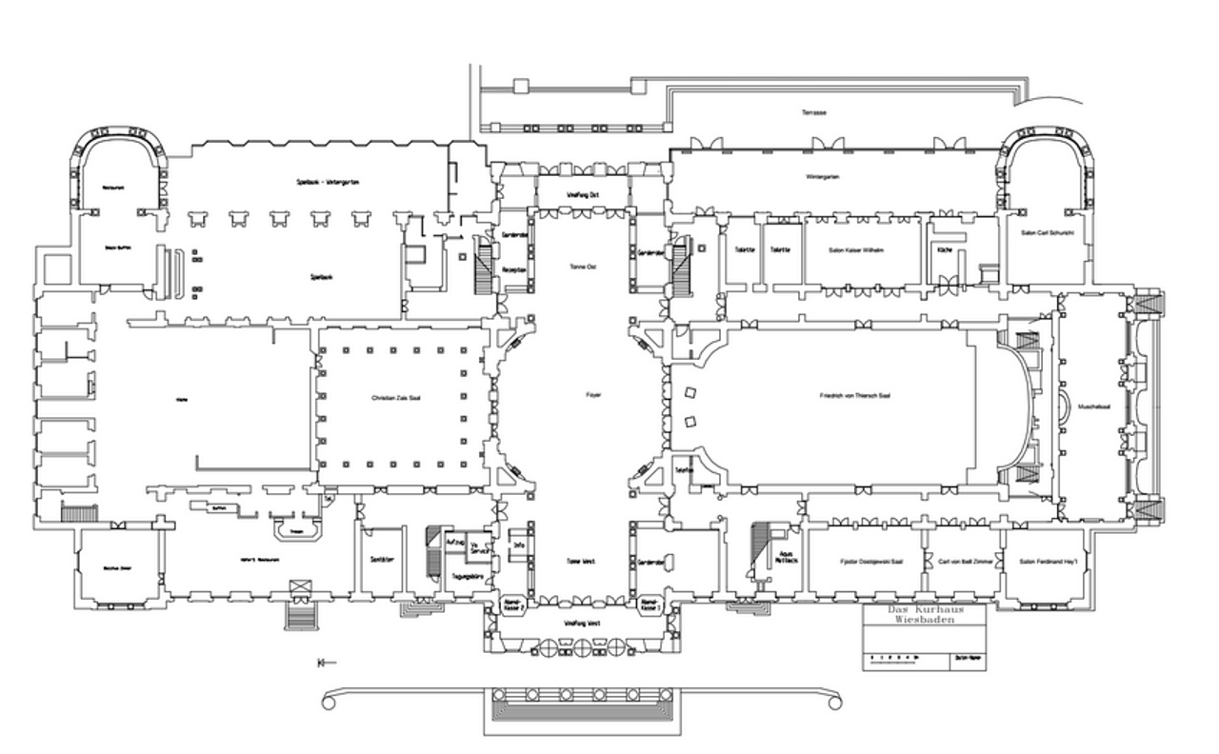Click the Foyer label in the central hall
click(x=594, y=393)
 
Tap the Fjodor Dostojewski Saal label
click(x=869, y=562)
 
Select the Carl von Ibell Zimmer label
click(x=965, y=562)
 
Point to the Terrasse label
click(x=814, y=112)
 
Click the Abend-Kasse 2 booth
click(x=511, y=606)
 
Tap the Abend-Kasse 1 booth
click(x=649, y=606)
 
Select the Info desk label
click(x=520, y=546)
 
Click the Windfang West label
click(x=583, y=624)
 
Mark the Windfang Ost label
click(x=582, y=194)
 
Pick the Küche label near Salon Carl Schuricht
click(x=944, y=248)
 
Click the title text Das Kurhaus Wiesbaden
click(x=925, y=614)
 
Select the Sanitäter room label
click(x=382, y=559)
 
